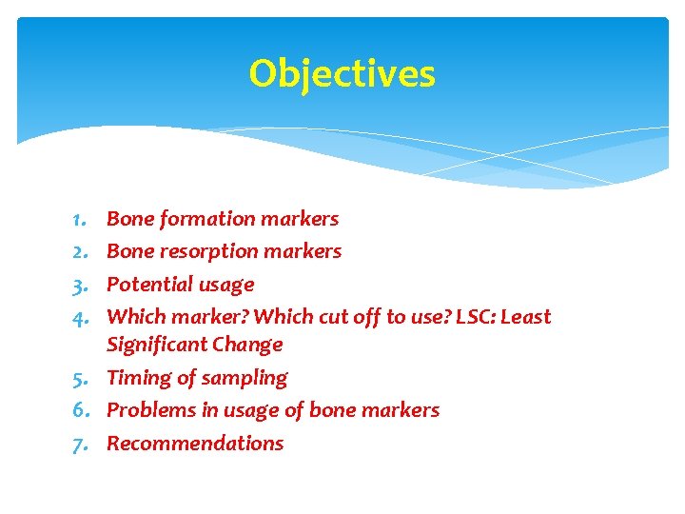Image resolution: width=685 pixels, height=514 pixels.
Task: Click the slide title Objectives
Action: pos(342,74)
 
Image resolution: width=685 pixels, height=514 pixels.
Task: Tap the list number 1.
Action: pos(79,219)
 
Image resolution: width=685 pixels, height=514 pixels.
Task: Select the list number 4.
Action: pos(79,317)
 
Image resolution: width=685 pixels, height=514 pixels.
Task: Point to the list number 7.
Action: pos(79,444)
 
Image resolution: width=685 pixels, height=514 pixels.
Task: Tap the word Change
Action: pos(248,345)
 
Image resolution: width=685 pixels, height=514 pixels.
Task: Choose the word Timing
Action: pos(136,378)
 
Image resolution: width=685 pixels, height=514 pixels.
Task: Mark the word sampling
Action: pos(250,379)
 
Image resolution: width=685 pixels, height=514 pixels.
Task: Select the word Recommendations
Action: pos(195,444)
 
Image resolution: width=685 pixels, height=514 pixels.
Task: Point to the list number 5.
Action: pos(79,379)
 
